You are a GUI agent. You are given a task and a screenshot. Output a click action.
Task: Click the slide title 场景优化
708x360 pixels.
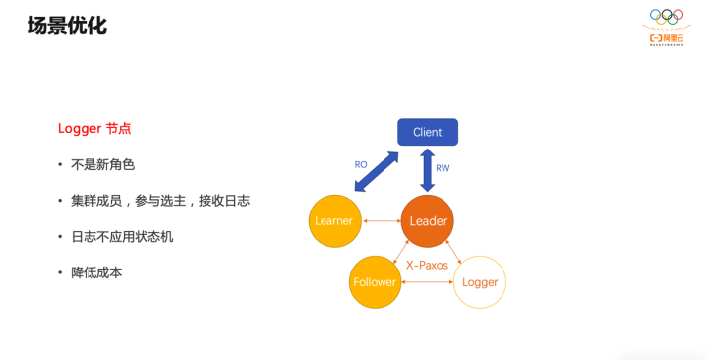pyautogui.click(x=67, y=26)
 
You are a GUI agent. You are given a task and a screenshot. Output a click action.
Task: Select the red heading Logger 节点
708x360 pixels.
pyautogui.click(x=94, y=128)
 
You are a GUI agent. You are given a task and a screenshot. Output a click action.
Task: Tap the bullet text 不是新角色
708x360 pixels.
pyautogui.click(x=102, y=164)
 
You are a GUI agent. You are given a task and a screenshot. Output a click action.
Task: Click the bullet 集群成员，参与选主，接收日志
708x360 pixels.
pyautogui.click(x=159, y=201)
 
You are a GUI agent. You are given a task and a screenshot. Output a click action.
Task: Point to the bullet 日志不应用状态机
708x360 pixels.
pyautogui.click(x=122, y=237)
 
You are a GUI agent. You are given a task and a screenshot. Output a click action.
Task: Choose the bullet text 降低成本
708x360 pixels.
pyautogui.click(x=96, y=272)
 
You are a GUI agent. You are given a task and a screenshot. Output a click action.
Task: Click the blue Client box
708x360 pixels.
pyautogui.click(x=427, y=132)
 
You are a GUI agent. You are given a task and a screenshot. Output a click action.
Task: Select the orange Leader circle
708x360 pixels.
pyautogui.click(x=428, y=221)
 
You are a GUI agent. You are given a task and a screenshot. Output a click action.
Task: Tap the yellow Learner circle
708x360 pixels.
pyautogui.click(x=334, y=221)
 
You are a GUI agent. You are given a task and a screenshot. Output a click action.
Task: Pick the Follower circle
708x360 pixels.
pyautogui.click(x=375, y=282)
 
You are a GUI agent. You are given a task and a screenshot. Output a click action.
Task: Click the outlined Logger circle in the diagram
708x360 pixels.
pyautogui.click(x=480, y=282)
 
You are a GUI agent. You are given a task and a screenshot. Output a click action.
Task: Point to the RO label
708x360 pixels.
pyautogui.click(x=361, y=164)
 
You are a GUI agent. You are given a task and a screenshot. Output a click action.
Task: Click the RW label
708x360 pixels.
pyautogui.click(x=442, y=168)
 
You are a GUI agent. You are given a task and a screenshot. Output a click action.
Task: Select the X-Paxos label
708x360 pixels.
pyautogui.click(x=427, y=265)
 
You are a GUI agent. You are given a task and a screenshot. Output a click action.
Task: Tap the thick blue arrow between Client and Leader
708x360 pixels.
pyautogui.click(x=427, y=170)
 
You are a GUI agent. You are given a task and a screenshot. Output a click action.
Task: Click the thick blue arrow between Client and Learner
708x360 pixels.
pyautogui.click(x=376, y=171)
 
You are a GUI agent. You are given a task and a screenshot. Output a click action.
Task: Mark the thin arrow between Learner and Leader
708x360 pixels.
pyautogui.click(x=382, y=221)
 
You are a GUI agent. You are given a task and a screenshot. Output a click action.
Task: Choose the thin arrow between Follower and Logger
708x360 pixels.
pyautogui.click(x=427, y=282)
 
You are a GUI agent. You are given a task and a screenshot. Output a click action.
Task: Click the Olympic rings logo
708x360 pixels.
pyautogui.click(x=666, y=16)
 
